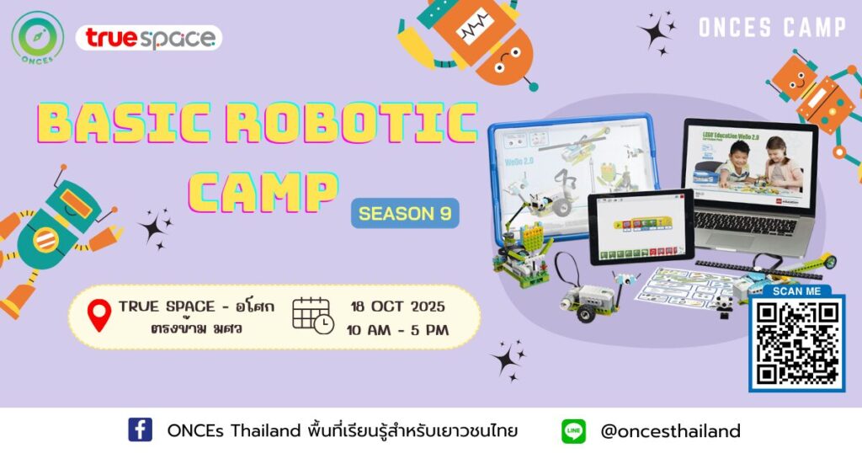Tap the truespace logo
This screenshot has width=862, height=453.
click(148, 38)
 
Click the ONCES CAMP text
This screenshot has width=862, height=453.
click(771, 28)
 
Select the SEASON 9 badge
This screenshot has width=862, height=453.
click(405, 214)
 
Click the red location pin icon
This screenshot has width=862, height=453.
click(99, 316)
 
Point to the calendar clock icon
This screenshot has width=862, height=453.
click(312, 316)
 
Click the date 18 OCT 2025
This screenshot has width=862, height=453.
click(396, 306)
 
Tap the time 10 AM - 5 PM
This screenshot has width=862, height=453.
click(396, 329)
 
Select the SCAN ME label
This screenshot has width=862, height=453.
click(795, 291)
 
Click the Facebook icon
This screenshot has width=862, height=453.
click(140, 430)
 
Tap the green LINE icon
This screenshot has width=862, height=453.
click(573, 431)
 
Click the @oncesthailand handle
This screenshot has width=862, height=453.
click(670, 431)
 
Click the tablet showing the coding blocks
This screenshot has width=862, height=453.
click(640, 228)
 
